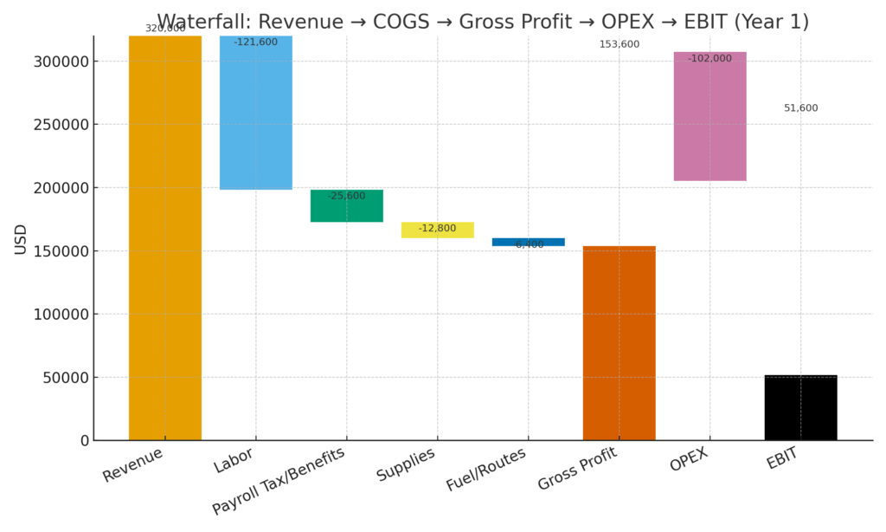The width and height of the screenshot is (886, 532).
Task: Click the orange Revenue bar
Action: coord(164,238)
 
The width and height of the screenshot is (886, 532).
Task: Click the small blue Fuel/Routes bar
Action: coord(528,241)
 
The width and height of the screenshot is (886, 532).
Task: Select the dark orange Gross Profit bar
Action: coord(619,343)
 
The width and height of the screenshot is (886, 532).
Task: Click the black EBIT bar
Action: coord(800,408)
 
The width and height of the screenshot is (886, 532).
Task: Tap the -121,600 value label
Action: coord(255,42)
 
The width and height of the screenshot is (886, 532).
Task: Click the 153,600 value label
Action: coord(619,44)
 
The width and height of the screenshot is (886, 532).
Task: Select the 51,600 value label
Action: coord(800,108)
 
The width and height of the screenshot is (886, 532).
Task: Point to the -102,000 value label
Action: coord(709,59)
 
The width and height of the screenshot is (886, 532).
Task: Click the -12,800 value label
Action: coord(437,228)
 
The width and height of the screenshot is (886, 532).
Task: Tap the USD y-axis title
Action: coord(21,239)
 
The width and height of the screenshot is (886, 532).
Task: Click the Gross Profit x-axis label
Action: coord(577,469)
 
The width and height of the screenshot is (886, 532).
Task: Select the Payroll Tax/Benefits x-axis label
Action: coord(278,481)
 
